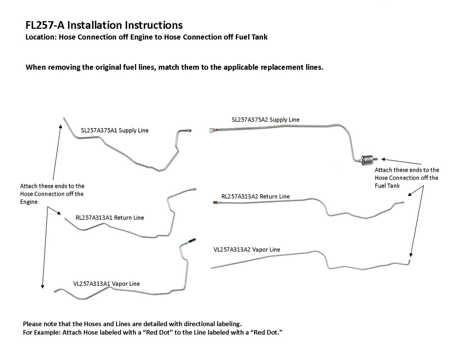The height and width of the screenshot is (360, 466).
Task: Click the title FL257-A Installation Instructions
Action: [x=104, y=25]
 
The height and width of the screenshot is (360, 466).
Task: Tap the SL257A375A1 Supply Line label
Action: [x=114, y=130]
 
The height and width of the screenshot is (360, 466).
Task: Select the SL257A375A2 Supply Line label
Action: [x=265, y=119]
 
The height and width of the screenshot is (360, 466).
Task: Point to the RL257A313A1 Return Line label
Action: [x=110, y=218]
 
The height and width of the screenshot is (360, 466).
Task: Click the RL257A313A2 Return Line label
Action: [x=256, y=197]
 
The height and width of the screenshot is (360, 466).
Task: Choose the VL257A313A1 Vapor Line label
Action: [x=106, y=284]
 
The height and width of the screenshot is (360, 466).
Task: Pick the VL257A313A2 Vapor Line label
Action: [x=247, y=249]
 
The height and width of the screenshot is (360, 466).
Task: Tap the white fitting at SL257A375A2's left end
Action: [x=212, y=130]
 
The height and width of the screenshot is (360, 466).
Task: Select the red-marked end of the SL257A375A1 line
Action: [x=187, y=130]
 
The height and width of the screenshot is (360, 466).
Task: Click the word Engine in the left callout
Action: [x=29, y=202]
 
